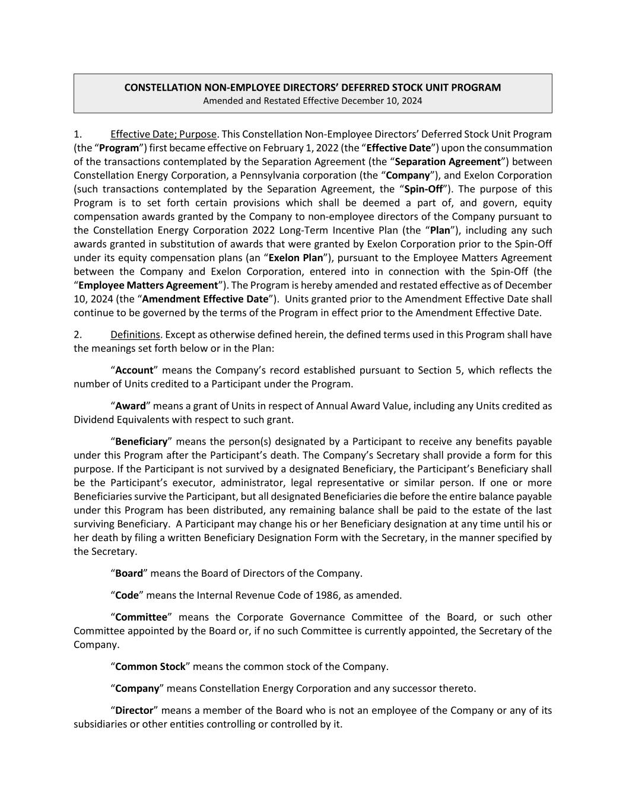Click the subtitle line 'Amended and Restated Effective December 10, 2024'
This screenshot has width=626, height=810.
tap(313, 101)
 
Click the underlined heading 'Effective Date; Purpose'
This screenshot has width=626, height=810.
tap(163, 134)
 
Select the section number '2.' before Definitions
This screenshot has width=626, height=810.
tap(78, 335)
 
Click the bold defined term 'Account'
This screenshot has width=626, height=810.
tap(134, 370)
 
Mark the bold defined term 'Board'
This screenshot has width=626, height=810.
tap(129, 573)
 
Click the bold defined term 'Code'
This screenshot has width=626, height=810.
tap(127, 595)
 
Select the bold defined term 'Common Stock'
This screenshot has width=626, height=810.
tap(150, 666)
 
